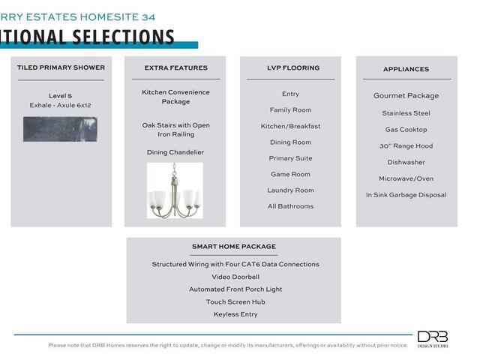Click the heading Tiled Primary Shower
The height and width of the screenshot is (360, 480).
[x=61, y=67]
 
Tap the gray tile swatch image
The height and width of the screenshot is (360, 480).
[x=60, y=129]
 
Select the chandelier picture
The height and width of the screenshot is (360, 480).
[x=175, y=190]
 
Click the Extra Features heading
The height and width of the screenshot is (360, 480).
[x=175, y=68]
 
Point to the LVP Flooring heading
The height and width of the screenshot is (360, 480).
[x=290, y=68]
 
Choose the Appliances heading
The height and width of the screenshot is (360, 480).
[x=406, y=69]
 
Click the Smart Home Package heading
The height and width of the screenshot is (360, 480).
[x=233, y=247]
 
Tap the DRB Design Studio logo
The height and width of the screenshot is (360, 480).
[x=433, y=339]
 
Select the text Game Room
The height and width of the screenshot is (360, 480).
[x=290, y=174]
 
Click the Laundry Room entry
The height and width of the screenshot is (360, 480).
[x=290, y=190]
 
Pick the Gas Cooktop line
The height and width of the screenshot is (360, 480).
[x=406, y=130]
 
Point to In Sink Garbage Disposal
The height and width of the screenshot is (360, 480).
[x=406, y=195]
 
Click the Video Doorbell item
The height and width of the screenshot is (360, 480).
[x=235, y=277]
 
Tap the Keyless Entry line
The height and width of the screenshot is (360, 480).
[x=235, y=314]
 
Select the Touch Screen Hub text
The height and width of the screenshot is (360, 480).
[x=235, y=301]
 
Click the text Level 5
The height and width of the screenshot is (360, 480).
[x=60, y=96]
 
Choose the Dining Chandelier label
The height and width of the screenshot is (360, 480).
[x=175, y=152]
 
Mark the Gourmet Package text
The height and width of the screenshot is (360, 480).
[x=406, y=96]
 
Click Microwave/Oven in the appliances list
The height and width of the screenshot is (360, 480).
[x=406, y=178]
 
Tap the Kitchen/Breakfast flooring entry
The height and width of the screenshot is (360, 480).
[x=290, y=126]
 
